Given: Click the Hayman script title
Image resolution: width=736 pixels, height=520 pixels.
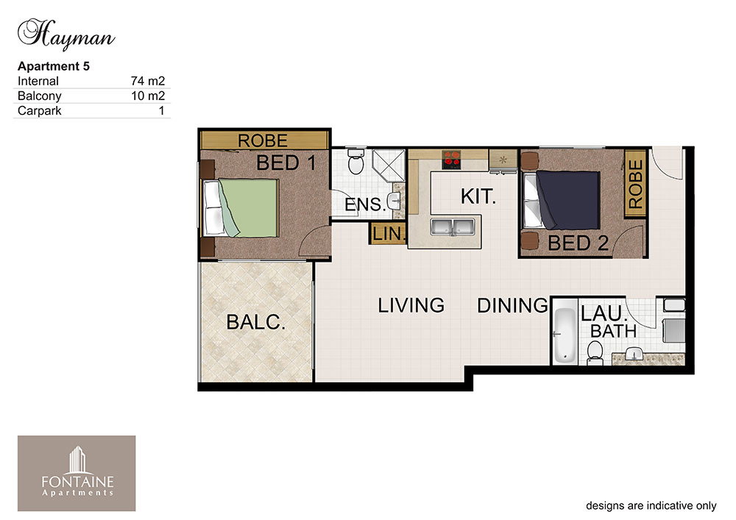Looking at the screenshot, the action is [66, 35].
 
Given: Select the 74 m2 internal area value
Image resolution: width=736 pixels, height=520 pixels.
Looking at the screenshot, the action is [148, 81].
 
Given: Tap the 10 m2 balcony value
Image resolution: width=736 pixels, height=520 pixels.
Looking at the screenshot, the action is [148, 96].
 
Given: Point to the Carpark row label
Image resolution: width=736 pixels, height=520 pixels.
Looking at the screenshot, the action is [40, 111].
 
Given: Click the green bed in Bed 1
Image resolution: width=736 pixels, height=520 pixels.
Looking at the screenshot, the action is [241, 207].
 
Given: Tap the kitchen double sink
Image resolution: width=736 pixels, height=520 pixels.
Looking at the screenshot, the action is [452, 227].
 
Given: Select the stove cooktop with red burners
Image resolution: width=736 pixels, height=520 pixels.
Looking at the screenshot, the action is [451, 160].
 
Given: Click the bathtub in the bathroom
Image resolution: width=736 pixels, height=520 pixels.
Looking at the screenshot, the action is [565, 335].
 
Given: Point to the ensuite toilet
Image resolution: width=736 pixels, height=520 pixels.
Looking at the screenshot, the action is [355, 160].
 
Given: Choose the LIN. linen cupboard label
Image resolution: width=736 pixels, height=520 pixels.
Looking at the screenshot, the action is [389, 233].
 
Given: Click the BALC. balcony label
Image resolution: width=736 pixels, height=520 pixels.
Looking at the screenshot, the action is [256, 322].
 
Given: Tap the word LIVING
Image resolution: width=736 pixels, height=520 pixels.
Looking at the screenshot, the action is [411, 306].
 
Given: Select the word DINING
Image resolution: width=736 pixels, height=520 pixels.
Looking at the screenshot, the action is [512, 306].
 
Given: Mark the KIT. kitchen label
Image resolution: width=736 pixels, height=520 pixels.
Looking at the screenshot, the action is [478, 196].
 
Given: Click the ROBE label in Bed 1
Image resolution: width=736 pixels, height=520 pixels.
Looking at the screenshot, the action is [263, 140].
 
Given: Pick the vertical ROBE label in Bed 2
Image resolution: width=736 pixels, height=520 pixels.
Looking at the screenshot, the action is [636, 184].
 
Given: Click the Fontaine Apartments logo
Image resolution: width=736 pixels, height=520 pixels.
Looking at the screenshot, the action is [77, 473].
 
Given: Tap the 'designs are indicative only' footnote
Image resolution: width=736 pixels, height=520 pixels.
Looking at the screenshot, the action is [651, 506].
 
